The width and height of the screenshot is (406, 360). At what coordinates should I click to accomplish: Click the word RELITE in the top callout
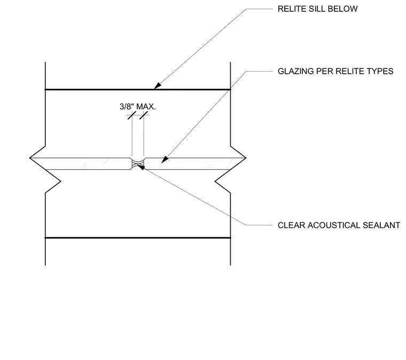coord(291,9)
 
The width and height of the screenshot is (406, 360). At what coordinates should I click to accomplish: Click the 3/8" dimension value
coord(127,106)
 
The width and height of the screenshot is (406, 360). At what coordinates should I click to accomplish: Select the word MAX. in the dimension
coord(146,106)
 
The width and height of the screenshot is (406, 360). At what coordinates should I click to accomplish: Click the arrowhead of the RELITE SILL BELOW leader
coord(157,86)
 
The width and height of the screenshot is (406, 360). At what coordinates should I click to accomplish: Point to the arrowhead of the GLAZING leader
coord(165,160)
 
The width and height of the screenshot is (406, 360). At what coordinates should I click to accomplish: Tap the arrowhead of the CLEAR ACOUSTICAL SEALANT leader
coord(142,167)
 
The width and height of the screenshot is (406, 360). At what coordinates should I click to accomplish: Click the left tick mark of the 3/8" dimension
coord(132,115)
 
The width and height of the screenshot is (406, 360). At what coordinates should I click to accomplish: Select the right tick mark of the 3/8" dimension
coord(144,115)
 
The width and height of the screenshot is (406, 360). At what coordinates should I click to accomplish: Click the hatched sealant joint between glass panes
coord(138,164)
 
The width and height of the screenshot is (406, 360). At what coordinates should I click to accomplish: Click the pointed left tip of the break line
coord(30,158)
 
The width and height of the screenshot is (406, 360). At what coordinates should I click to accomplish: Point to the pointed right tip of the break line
coord(245,158)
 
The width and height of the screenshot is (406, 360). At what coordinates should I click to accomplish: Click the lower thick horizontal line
coord(138,238)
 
